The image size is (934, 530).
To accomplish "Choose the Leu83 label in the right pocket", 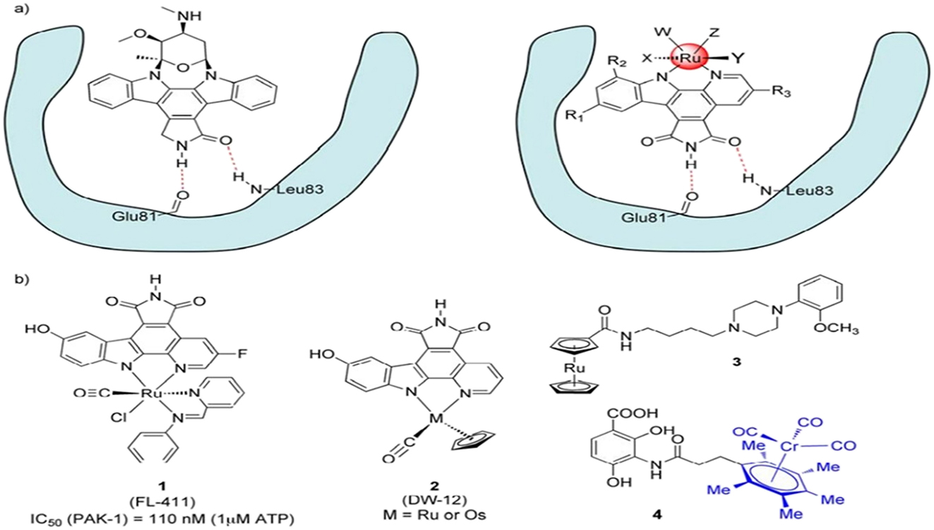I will pos(801,191).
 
